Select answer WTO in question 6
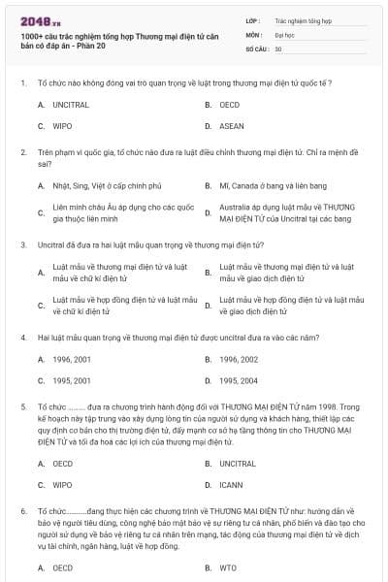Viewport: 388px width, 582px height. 228,568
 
